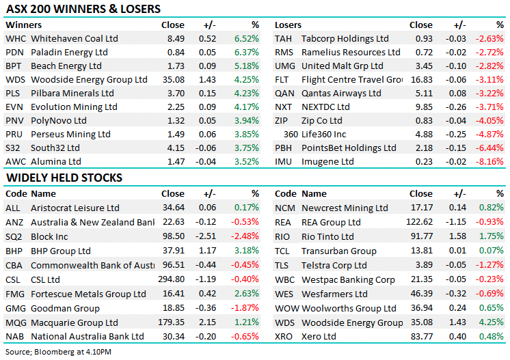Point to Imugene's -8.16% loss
point(490,162)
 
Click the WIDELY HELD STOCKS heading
point(64,178)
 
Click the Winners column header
point(23,25)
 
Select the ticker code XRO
point(284,337)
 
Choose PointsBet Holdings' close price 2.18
point(424,148)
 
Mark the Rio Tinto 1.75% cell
point(492,236)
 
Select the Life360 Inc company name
point(324,135)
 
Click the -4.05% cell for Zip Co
point(490,121)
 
